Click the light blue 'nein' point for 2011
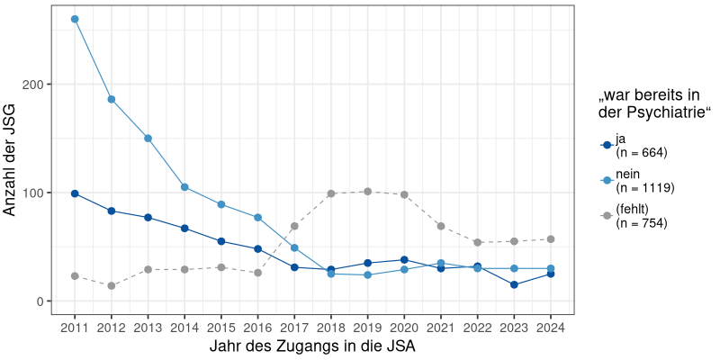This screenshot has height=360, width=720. coord(75,19)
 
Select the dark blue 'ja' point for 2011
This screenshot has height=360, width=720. coord(75,193)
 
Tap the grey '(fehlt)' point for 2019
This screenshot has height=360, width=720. coord(367,192)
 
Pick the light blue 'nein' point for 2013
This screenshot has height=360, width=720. coord(148,139)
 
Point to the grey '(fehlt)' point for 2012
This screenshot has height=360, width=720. coord(112,285)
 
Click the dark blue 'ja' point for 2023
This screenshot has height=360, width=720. coord(514,284)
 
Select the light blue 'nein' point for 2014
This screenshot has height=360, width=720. coord(184,187)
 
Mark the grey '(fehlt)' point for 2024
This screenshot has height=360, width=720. coord(551,239)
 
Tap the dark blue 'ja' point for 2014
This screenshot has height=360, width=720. coord(184,229)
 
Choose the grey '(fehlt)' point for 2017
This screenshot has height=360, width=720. coord(294,226)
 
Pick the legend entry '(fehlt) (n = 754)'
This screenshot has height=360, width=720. coord(640,216)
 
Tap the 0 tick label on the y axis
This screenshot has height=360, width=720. coord(41,301)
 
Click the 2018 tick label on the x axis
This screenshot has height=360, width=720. coord(331,328)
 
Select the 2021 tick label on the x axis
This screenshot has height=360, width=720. coord(441,328)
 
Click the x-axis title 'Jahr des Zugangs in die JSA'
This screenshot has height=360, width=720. coord(312,346)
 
